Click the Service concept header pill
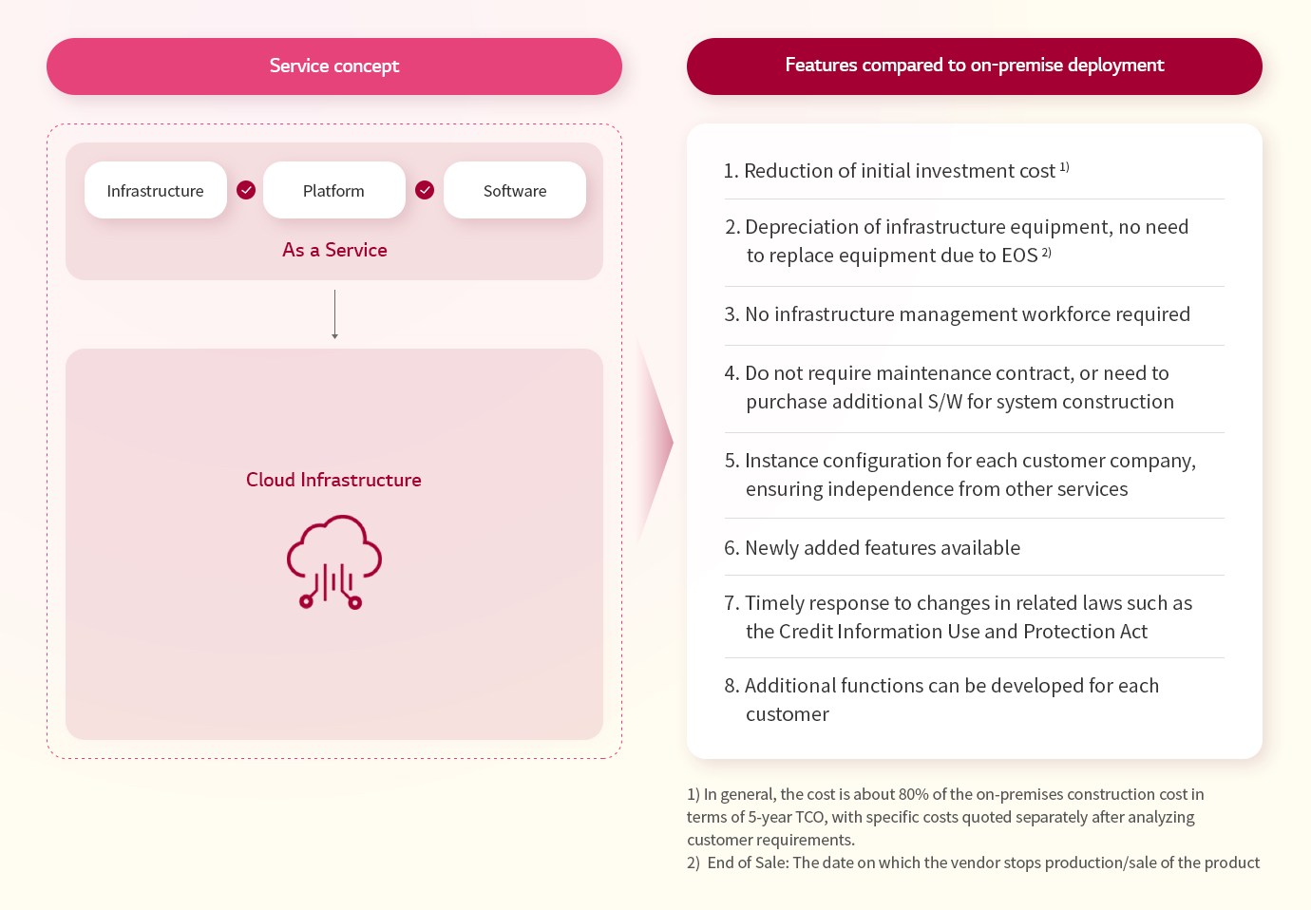point(334,66)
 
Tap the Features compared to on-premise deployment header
point(975,66)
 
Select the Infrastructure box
point(155,190)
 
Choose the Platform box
point(333,190)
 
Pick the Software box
point(515,190)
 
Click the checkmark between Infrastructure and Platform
point(246,190)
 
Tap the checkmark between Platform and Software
point(425,190)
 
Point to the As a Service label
point(334,250)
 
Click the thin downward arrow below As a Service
point(334,314)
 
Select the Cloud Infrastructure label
point(333,480)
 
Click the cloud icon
point(334,561)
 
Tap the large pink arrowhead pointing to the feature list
point(655,443)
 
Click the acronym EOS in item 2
point(1019,256)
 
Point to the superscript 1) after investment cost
point(1065,167)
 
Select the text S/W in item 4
point(944,402)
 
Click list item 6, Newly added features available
point(872,548)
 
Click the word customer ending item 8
point(788,714)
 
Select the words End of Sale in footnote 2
point(746,863)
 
